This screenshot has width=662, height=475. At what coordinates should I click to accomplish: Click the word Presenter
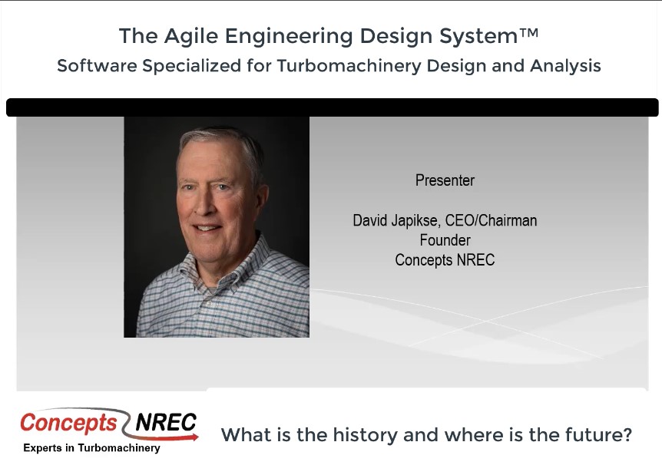(x=445, y=180)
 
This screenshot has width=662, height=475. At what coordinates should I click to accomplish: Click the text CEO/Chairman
(x=491, y=221)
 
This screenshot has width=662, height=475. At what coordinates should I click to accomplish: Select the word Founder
(x=445, y=240)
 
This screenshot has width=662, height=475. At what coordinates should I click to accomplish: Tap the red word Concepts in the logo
(x=68, y=423)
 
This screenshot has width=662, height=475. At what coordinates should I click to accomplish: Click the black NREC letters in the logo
(x=166, y=422)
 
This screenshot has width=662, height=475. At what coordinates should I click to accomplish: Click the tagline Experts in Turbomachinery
(x=91, y=448)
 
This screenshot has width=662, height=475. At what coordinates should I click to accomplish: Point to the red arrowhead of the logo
(x=194, y=437)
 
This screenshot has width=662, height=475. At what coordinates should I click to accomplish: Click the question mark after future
(x=627, y=434)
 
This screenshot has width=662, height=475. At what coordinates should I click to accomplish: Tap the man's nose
(x=202, y=203)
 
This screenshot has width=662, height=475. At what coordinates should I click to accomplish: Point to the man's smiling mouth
(x=207, y=228)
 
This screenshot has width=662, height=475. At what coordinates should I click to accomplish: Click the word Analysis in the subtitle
(x=566, y=66)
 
